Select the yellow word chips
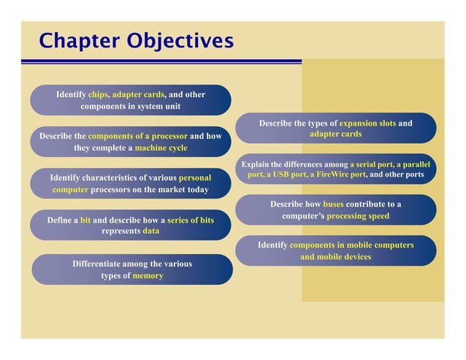98,94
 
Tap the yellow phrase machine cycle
161,148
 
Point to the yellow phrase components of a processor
137,136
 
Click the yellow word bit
85,220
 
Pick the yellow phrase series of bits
191,220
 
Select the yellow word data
150,231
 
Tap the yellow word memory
148,275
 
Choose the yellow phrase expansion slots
367,123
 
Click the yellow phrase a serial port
372,164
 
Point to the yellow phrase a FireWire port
337,175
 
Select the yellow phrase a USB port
286,175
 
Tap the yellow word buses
333,204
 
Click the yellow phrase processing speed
358,215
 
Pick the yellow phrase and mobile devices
335,256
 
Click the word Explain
256,164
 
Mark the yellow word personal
195,177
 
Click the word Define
61,220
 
